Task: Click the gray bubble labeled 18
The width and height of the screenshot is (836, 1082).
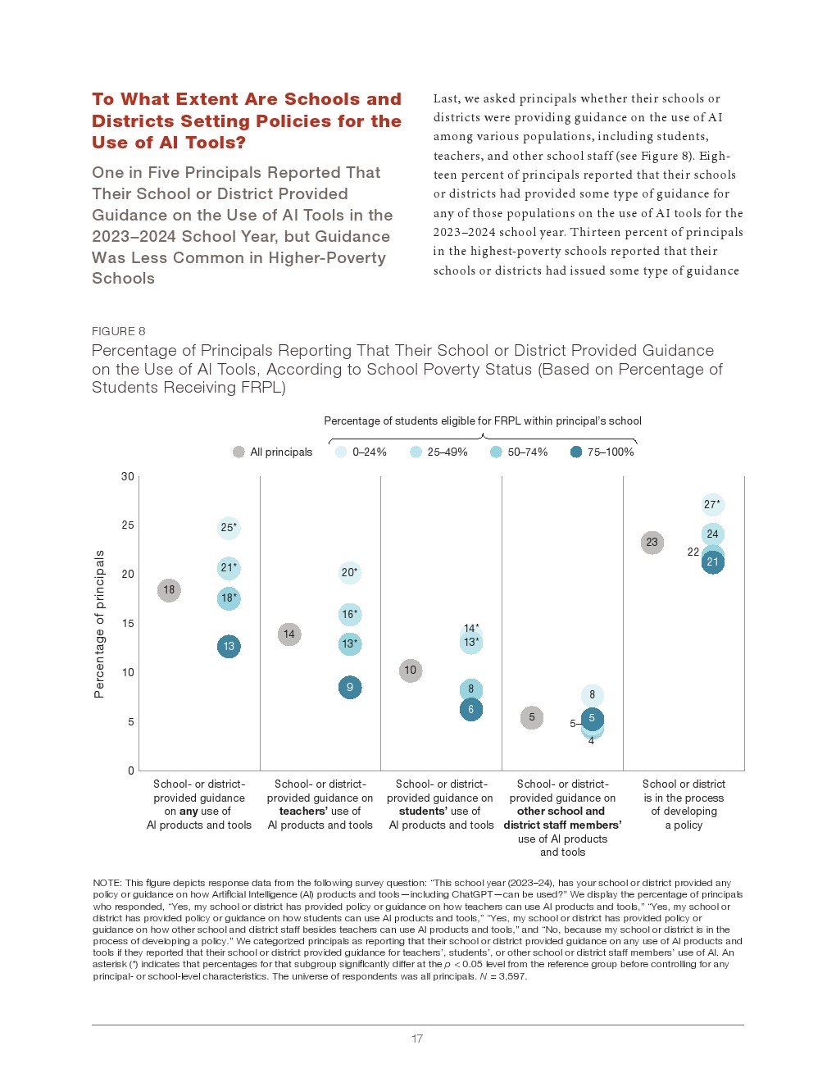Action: pyautogui.click(x=169, y=590)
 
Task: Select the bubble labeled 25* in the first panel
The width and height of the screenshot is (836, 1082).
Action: pyautogui.click(x=229, y=528)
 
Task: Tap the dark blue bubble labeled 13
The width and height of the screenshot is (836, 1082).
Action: pyautogui.click(x=229, y=647)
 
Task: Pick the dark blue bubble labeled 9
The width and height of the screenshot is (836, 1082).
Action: pyautogui.click(x=350, y=688)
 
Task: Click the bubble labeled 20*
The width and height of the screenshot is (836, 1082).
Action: pyautogui.click(x=350, y=573)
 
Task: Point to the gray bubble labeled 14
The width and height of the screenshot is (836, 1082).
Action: pyautogui.click(x=289, y=634)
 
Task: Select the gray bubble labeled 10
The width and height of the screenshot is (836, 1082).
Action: pyautogui.click(x=411, y=671)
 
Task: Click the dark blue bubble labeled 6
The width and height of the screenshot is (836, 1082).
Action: pyautogui.click(x=471, y=710)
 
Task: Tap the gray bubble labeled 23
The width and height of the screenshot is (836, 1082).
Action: pyautogui.click(x=652, y=543)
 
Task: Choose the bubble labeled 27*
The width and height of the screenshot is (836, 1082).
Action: pyautogui.click(x=713, y=505)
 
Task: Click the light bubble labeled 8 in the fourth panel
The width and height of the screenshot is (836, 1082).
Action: pyautogui.click(x=593, y=695)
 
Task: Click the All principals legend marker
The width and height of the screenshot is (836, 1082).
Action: pyautogui.click(x=239, y=452)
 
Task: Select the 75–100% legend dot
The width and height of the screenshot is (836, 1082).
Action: pyautogui.click(x=576, y=452)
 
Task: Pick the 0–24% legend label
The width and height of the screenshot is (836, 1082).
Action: pyautogui.click(x=370, y=452)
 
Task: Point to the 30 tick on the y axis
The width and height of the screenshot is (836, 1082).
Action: pyautogui.click(x=128, y=476)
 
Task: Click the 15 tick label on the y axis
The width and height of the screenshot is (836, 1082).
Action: pyautogui.click(x=128, y=624)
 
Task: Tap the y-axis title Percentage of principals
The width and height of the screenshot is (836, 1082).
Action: pyautogui.click(x=99, y=624)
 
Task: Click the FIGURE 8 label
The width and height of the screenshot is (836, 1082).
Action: pyautogui.click(x=119, y=331)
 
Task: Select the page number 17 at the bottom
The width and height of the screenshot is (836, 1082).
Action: pyautogui.click(x=417, y=1039)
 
